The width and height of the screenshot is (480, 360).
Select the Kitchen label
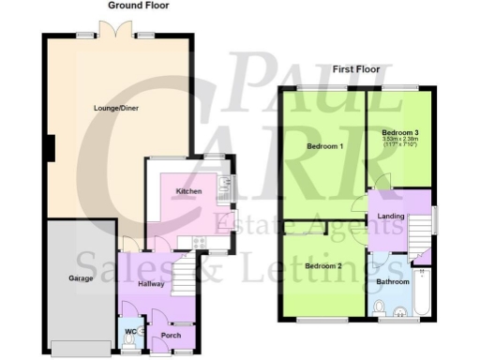[189, 191]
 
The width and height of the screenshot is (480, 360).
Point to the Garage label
[79, 279]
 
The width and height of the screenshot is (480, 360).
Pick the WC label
[129, 330]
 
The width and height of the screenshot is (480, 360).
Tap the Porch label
[171, 335]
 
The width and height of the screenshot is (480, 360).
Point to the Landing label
[390, 217]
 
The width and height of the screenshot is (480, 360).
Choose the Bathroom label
[393, 281]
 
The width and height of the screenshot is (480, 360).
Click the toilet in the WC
[130, 343]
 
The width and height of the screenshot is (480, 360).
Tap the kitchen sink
[224, 191]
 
